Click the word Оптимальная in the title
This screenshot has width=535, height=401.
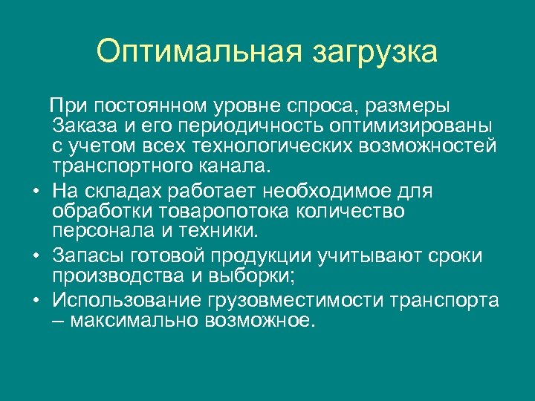pos(198,52)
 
